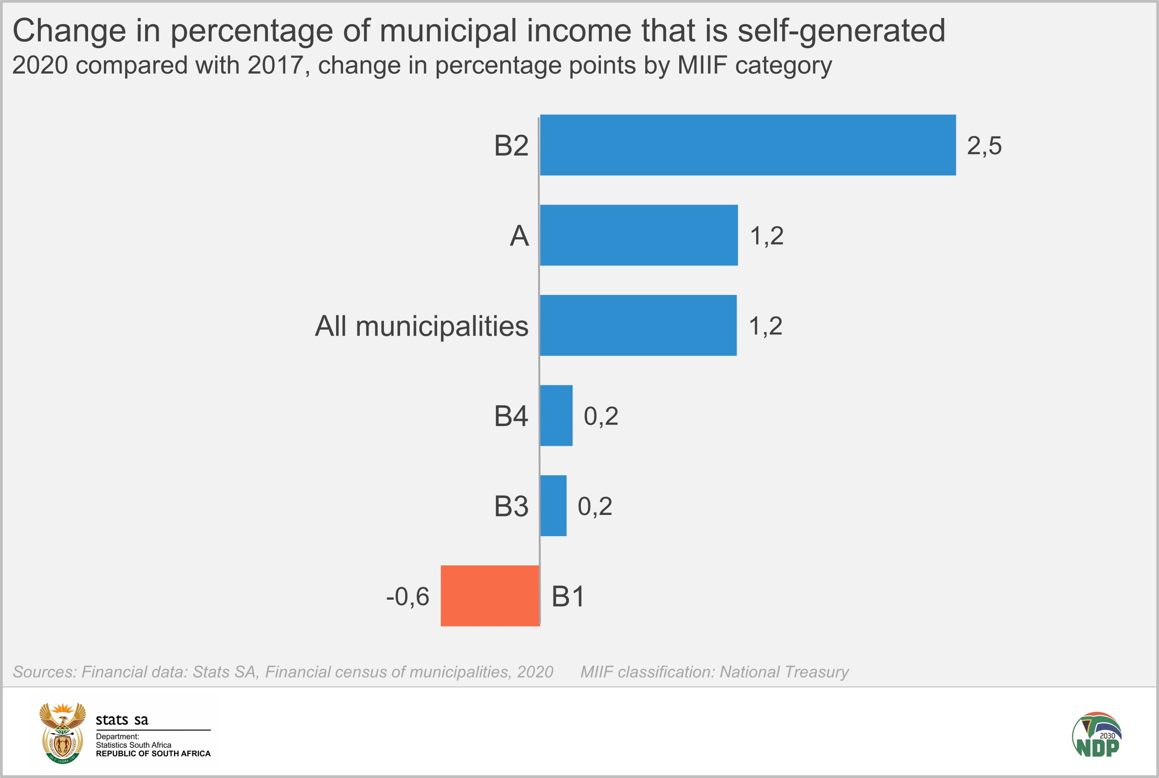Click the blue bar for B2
point(747,145)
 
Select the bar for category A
point(638,235)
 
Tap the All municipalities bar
point(638,326)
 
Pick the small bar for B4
point(556,416)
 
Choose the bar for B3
point(553,506)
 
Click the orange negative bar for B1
point(490,596)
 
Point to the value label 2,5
point(984,146)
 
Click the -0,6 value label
point(408,596)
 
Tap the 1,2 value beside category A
point(767,236)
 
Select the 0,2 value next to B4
point(601,416)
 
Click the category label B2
point(511,146)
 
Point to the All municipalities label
point(421,326)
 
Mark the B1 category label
point(568,596)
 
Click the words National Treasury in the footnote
point(784,672)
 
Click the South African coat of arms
point(63,734)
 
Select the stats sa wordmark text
point(121,720)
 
